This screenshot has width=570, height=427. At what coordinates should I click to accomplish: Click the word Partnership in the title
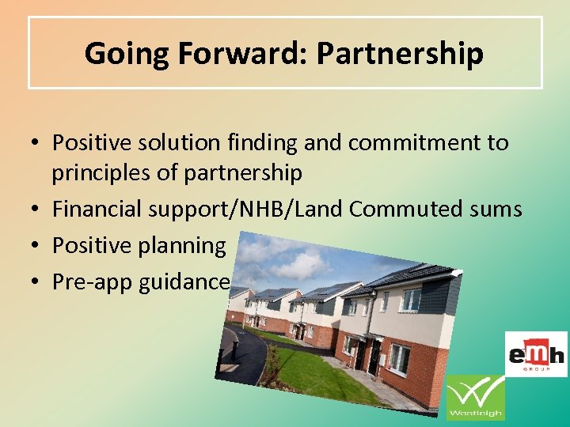401,53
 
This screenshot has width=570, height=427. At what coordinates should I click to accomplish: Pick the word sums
496,209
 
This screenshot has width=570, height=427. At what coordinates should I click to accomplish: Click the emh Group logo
536,353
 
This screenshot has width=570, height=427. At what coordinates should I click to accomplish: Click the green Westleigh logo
475,398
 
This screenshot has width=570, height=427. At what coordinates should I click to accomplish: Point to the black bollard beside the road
234,347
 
